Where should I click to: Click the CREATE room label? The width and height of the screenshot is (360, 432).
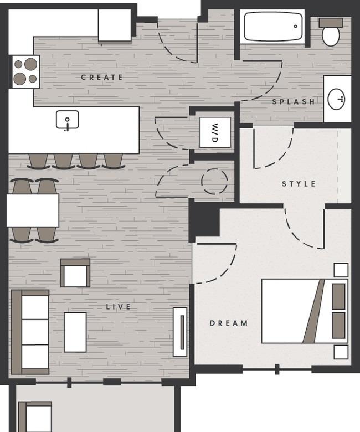pos(102,77)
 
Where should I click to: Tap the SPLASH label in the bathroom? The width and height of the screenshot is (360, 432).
pos(294,102)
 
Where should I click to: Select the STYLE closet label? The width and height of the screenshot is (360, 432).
pos(299,184)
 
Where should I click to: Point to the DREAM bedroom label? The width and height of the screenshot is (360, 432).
pos(229,323)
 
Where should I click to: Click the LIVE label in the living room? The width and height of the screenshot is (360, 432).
pos(119,307)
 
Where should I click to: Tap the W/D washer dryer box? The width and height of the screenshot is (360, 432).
pos(215,132)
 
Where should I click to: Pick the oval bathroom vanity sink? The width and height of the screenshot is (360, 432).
pos(337,99)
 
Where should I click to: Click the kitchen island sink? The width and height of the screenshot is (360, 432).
pos(68,120)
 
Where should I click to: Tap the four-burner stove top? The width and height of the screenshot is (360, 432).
pos(25,71)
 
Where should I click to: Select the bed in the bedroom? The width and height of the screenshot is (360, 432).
pos(305,311)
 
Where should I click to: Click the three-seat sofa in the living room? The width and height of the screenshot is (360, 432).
pos(30,332)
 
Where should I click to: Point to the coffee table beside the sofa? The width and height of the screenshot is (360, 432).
pos(75,332)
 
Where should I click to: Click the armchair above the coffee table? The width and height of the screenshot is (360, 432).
pos(75,272)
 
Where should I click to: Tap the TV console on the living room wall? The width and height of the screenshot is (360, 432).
pos(180,332)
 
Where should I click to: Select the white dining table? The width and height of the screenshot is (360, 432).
pos(33,210)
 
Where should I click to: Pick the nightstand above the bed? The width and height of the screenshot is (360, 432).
pos(341,270)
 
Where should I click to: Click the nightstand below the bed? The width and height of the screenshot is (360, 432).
pos(341,352)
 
